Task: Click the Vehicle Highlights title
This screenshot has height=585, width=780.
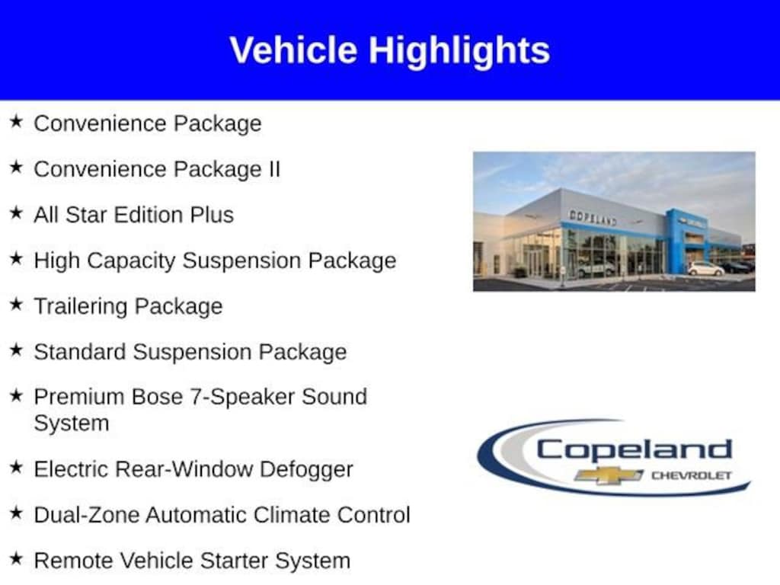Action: pyautogui.click(x=389, y=50)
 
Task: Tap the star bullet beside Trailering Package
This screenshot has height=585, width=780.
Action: pyautogui.click(x=16, y=305)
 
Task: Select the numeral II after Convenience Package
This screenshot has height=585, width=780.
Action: pyautogui.click(x=273, y=169)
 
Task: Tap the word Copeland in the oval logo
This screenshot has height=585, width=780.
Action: pyautogui.click(x=633, y=449)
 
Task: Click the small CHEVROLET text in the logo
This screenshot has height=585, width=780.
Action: pyautogui.click(x=690, y=475)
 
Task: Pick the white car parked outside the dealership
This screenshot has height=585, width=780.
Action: pyautogui.click(x=705, y=269)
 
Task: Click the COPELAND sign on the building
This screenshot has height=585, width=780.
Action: pyautogui.click(x=593, y=218)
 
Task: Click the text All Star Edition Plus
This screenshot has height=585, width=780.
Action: pyautogui.click(x=133, y=215)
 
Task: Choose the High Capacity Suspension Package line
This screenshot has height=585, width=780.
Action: pyautogui.click(x=215, y=261)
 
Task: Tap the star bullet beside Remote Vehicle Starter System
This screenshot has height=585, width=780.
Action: pyautogui.click(x=16, y=559)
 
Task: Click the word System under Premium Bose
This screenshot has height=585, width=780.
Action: pyautogui.click(x=71, y=423)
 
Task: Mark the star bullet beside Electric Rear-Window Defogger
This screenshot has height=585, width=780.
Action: pyautogui.click(x=16, y=468)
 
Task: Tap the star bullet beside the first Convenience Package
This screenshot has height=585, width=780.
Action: pyautogui.click(x=16, y=122)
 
